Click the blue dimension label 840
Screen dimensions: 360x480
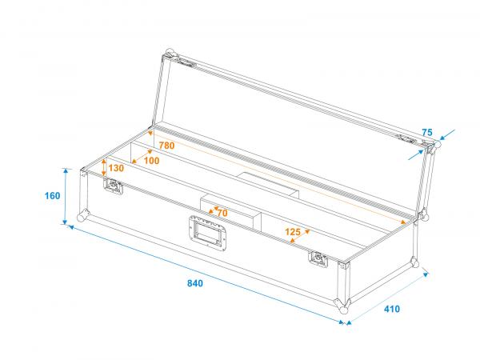click(194, 283)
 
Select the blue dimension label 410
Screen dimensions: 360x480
click(390, 309)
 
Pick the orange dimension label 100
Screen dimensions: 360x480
click(150, 161)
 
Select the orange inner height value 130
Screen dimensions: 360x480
click(116, 168)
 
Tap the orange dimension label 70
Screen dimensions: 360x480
click(221, 213)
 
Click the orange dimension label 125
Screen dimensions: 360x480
click(293, 233)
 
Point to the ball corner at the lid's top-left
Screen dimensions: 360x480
click(169, 54)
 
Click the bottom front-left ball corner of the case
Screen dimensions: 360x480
click(82, 217)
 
